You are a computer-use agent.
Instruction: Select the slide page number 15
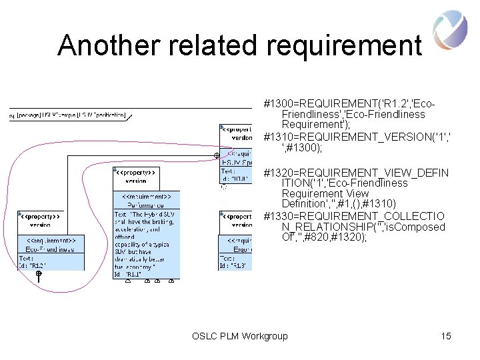pyautogui.click(x=446, y=336)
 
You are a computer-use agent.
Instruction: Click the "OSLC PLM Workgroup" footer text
pyautogui.click(x=239, y=336)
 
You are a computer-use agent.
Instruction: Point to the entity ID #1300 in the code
pyautogui.click(x=279, y=104)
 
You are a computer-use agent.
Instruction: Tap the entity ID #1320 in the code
pyautogui.click(x=279, y=173)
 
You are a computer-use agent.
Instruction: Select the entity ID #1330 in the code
pyautogui.click(x=279, y=216)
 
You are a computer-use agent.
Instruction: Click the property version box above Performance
pyautogui.click(x=136, y=176)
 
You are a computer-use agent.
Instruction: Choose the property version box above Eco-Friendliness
pyautogui.click(x=41, y=221)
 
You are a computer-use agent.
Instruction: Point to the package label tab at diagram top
pyautogui.click(x=67, y=115)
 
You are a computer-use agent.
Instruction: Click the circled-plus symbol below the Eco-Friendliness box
pyautogui.click(x=39, y=274)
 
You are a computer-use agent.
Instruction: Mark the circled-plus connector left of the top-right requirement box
pyautogui.click(x=216, y=155)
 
